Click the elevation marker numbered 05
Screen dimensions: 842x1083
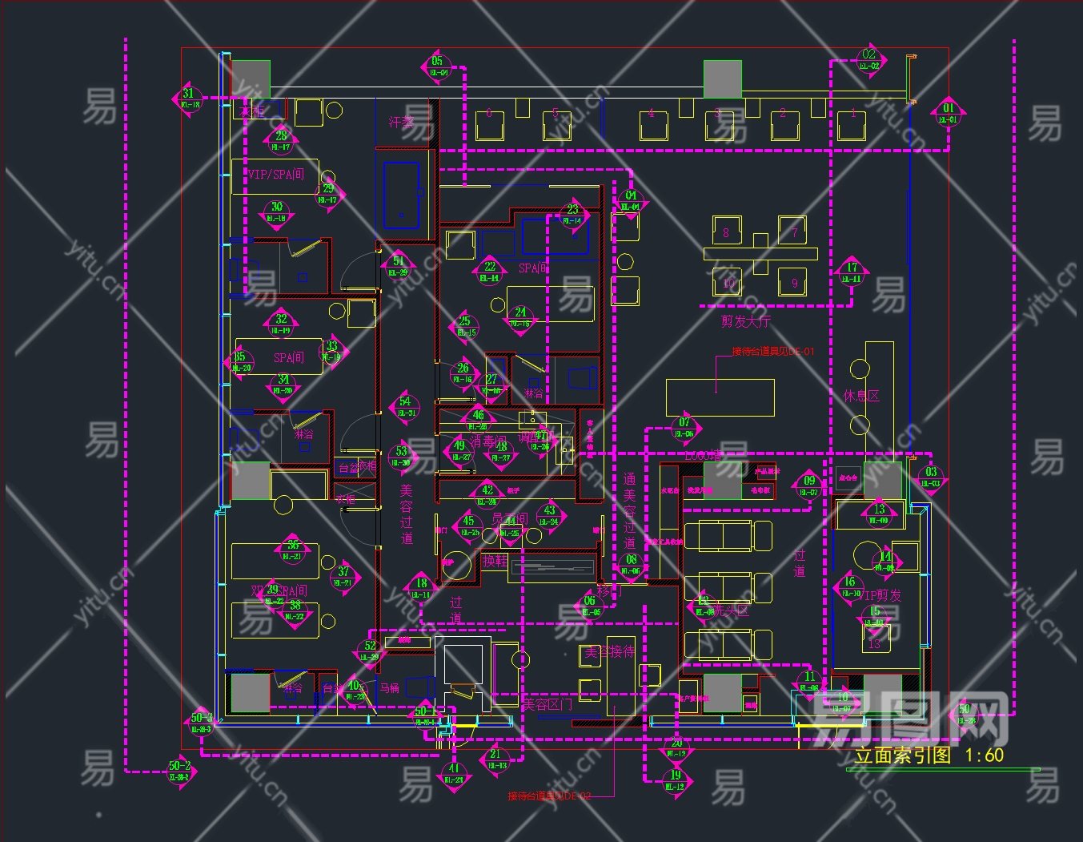tap(437, 66)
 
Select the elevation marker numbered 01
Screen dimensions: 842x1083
tap(949, 113)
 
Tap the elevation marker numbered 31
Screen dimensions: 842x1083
tap(188, 99)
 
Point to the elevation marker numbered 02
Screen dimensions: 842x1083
tap(869, 60)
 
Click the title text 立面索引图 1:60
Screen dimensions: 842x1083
tap(929, 755)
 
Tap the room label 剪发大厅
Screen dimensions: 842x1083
tap(745, 322)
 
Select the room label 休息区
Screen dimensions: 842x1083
tap(861, 396)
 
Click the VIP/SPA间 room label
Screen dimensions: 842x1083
tap(276, 174)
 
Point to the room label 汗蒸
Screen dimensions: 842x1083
tap(402, 122)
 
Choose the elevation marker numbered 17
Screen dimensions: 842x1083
tap(852, 273)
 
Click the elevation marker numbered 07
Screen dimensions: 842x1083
tap(684, 428)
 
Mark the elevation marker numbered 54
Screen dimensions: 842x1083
tap(406, 407)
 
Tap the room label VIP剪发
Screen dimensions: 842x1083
tap(880, 595)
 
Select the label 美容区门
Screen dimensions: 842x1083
tap(547, 704)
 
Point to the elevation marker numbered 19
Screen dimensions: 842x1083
tap(676, 780)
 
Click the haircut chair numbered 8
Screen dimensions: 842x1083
tap(726, 232)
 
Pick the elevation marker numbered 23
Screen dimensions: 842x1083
tap(572, 216)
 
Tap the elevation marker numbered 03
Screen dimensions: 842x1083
tap(931, 477)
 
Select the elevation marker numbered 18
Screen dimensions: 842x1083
tap(421, 589)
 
